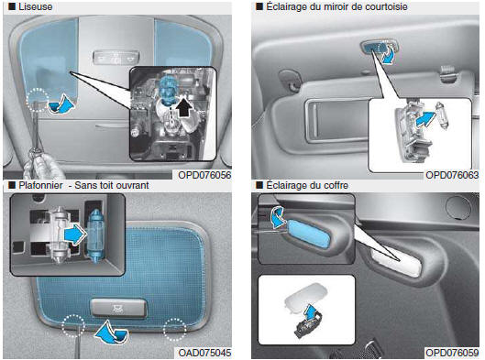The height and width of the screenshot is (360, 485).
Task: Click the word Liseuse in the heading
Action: pyautogui.click(x=35, y=6)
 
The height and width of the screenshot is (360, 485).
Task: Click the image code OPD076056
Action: pyautogui.click(x=204, y=175)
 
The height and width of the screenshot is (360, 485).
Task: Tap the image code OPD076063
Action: pyautogui.click(x=452, y=175)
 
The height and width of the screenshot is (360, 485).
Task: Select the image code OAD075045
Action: pyautogui.click(x=204, y=353)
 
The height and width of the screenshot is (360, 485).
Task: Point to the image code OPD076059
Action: pyautogui.click(x=452, y=353)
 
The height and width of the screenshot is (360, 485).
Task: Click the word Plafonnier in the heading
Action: pyautogui.click(x=40, y=185)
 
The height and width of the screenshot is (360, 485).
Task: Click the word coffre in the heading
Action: pyautogui.click(x=336, y=185)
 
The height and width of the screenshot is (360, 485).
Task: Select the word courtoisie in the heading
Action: pyautogui.click(x=387, y=6)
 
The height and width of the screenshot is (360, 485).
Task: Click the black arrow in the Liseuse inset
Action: pyautogui.click(x=185, y=107)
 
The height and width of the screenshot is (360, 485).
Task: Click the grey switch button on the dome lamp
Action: pyautogui.click(x=118, y=308)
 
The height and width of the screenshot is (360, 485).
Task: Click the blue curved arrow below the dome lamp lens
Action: pyautogui.click(x=111, y=333)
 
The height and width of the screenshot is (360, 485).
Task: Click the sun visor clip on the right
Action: pyautogui.click(x=448, y=74)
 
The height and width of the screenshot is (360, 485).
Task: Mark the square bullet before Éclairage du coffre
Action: pyautogui.click(x=259, y=185)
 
